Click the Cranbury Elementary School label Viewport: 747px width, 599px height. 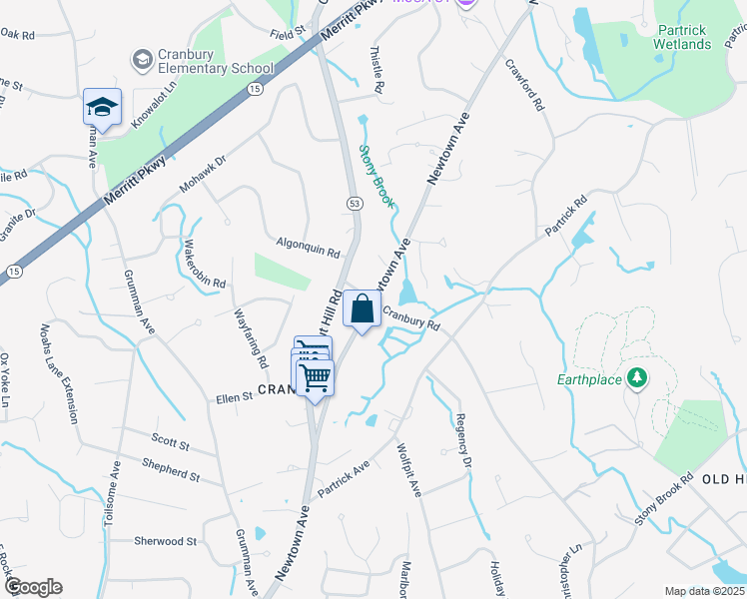coord(215,62)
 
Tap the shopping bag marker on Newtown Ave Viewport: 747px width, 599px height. coord(362,308)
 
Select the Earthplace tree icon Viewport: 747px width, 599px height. coord(635,378)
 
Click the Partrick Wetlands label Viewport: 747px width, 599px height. coord(682,37)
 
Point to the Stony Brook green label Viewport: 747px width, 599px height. coord(375,177)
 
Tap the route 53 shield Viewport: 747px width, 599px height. coord(354,204)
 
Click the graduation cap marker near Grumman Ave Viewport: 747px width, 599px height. coord(102,108)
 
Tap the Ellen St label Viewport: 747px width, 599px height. coord(235,398)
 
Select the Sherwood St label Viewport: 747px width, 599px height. coord(166,541)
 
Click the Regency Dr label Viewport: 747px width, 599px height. coord(462,439)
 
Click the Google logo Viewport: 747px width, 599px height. coord(34,586)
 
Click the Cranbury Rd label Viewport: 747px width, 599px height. coord(410,318)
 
